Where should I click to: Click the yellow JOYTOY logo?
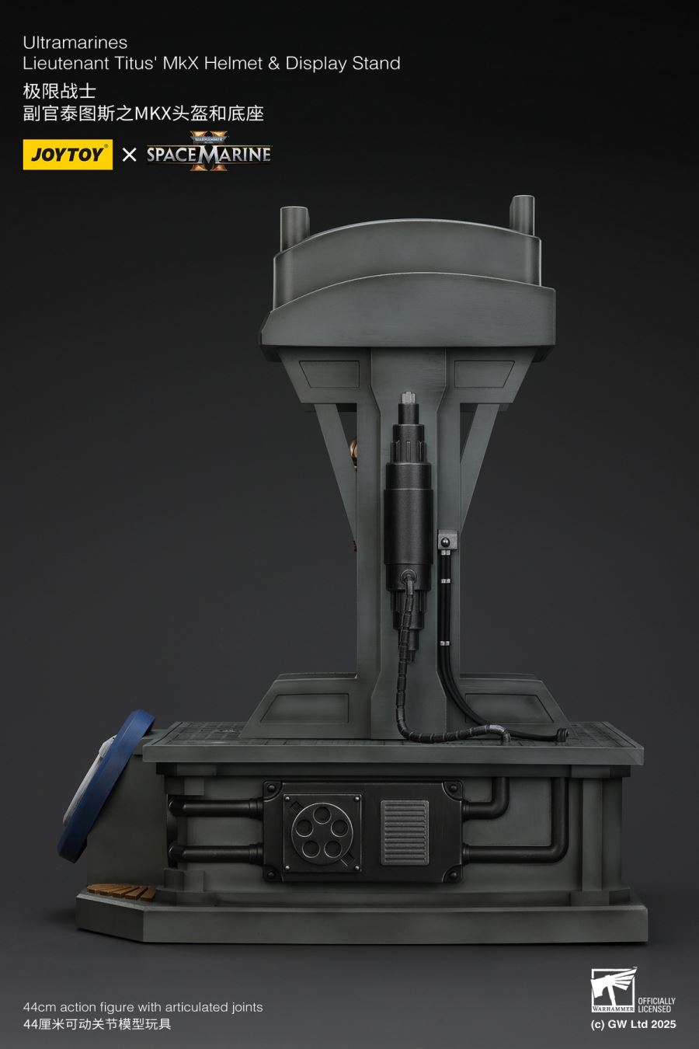click(x=68, y=154)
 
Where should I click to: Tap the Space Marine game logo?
click(x=209, y=153)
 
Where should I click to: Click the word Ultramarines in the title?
click(x=75, y=42)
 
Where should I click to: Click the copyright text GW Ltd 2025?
click(x=633, y=1024)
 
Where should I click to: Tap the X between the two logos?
click(x=130, y=154)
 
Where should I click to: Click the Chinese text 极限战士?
click(x=60, y=90)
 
